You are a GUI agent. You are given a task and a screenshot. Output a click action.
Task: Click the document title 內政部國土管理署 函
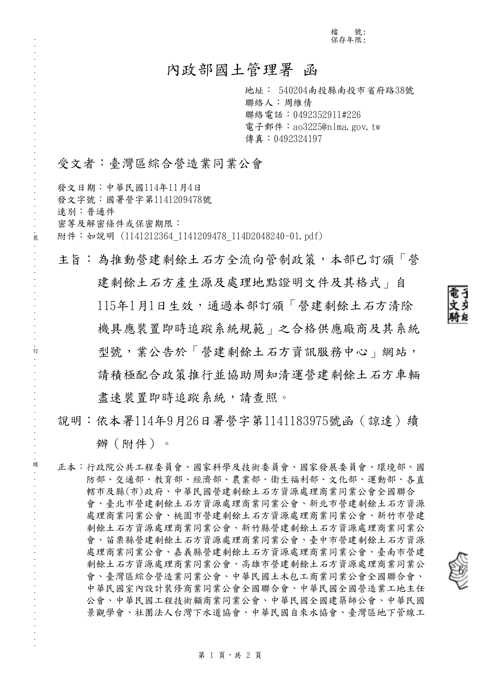[x=242, y=70]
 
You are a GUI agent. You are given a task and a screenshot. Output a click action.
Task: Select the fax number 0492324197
[x=298, y=139]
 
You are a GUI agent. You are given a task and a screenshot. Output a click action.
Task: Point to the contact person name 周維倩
[x=298, y=103]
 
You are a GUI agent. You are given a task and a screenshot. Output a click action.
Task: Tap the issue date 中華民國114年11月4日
[x=153, y=188]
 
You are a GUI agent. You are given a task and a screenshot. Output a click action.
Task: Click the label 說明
[x=69, y=421]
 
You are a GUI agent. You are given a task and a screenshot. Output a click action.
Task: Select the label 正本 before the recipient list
[x=67, y=468]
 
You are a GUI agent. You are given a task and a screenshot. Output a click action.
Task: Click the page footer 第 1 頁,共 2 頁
[x=230, y=655]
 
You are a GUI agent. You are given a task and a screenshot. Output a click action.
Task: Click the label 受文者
[x=76, y=164]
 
